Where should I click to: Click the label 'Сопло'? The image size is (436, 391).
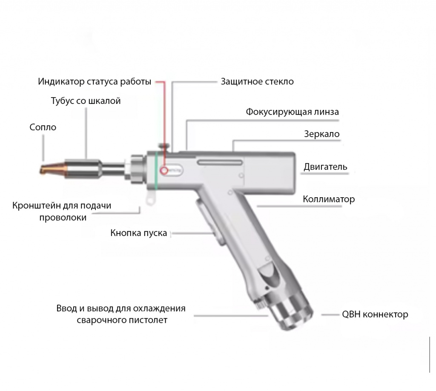[43, 127]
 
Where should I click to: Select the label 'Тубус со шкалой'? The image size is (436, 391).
[86, 101]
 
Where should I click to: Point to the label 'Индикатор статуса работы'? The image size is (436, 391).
[95, 81]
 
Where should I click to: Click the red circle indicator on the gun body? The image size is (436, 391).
[164, 170]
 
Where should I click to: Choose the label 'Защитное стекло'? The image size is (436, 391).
[257, 81]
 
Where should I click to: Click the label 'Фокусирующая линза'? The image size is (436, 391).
[292, 112]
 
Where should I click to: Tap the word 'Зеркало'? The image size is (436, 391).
[322, 134]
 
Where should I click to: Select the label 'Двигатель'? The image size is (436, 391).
[325, 167]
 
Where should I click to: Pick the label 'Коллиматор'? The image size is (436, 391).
[329, 199]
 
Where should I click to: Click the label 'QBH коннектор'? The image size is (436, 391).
[375, 314]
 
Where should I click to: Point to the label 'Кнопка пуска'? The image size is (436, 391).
[138, 233]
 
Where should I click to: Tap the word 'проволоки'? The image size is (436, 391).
[63, 218]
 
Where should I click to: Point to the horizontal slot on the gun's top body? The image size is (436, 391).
[220, 162]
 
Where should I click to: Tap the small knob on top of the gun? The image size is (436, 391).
[164, 147]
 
